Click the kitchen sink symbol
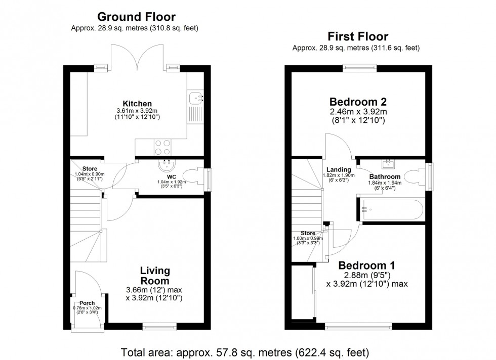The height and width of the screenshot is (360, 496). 195,99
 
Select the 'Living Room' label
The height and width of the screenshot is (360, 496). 155,276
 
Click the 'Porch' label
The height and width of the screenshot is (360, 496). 87,303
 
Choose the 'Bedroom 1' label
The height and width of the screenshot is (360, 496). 366,265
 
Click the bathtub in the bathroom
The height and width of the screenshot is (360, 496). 392,209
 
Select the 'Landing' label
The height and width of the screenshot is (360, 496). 338,169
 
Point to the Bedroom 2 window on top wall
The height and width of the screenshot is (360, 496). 360,67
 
